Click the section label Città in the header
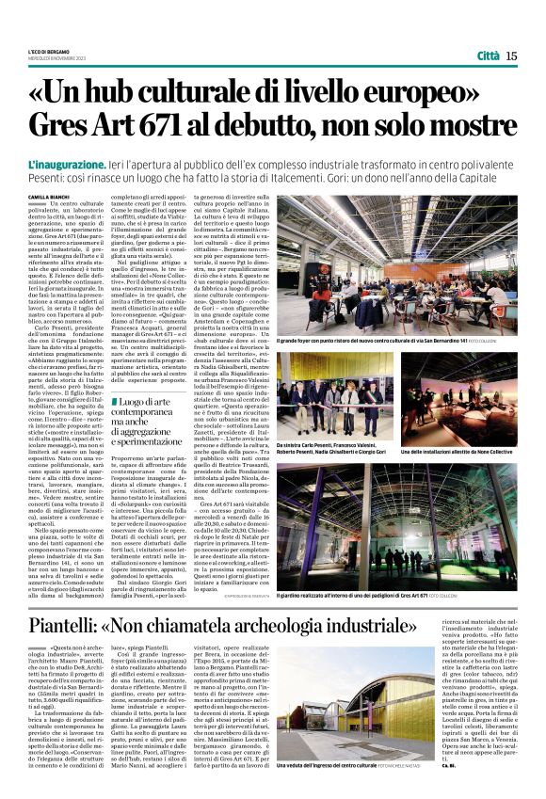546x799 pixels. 488,56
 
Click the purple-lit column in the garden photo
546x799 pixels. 393,508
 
